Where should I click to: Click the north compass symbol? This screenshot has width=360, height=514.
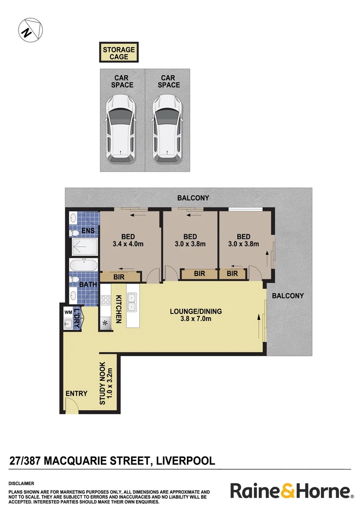click(x=30, y=30)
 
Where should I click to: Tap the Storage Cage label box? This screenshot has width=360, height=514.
click(x=119, y=52)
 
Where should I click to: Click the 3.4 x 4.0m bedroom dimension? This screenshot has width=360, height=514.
click(x=128, y=245)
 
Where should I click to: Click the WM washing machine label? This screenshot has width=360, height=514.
click(x=68, y=312)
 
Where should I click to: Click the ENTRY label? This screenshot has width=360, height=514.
click(x=77, y=394)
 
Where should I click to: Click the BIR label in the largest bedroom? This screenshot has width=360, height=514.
click(x=119, y=277)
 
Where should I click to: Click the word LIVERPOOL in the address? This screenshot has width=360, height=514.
click(x=185, y=460)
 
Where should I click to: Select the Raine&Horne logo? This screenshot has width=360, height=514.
click(x=292, y=491)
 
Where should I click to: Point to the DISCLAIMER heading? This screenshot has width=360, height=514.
click(x=21, y=483)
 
